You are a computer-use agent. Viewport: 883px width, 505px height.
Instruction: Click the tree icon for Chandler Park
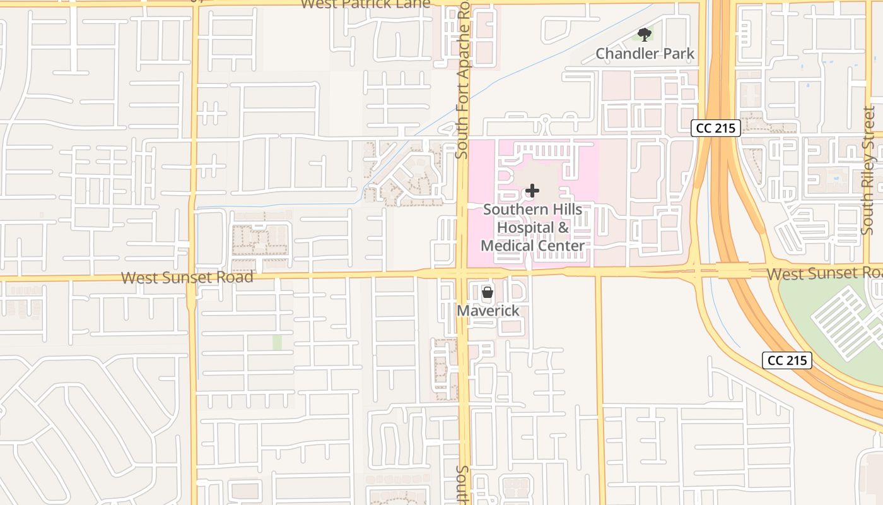click(644, 34)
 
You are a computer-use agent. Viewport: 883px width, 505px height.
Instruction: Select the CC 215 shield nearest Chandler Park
click(715, 128)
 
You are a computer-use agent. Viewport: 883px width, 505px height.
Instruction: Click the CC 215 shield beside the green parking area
click(787, 360)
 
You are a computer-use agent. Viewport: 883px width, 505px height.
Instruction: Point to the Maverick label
click(488, 311)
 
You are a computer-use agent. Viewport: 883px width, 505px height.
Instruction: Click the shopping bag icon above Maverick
click(488, 292)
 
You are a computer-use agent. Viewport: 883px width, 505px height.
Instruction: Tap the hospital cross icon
click(532, 190)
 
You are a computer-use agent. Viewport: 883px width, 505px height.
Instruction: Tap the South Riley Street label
click(868, 170)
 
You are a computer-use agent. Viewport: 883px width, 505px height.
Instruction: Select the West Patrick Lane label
click(366, 4)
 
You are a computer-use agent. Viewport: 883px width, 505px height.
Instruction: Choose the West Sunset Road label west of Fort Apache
click(187, 277)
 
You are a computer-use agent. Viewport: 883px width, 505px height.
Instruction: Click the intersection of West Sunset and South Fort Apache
click(462, 273)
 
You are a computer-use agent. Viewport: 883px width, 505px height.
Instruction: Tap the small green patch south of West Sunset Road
click(277, 342)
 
